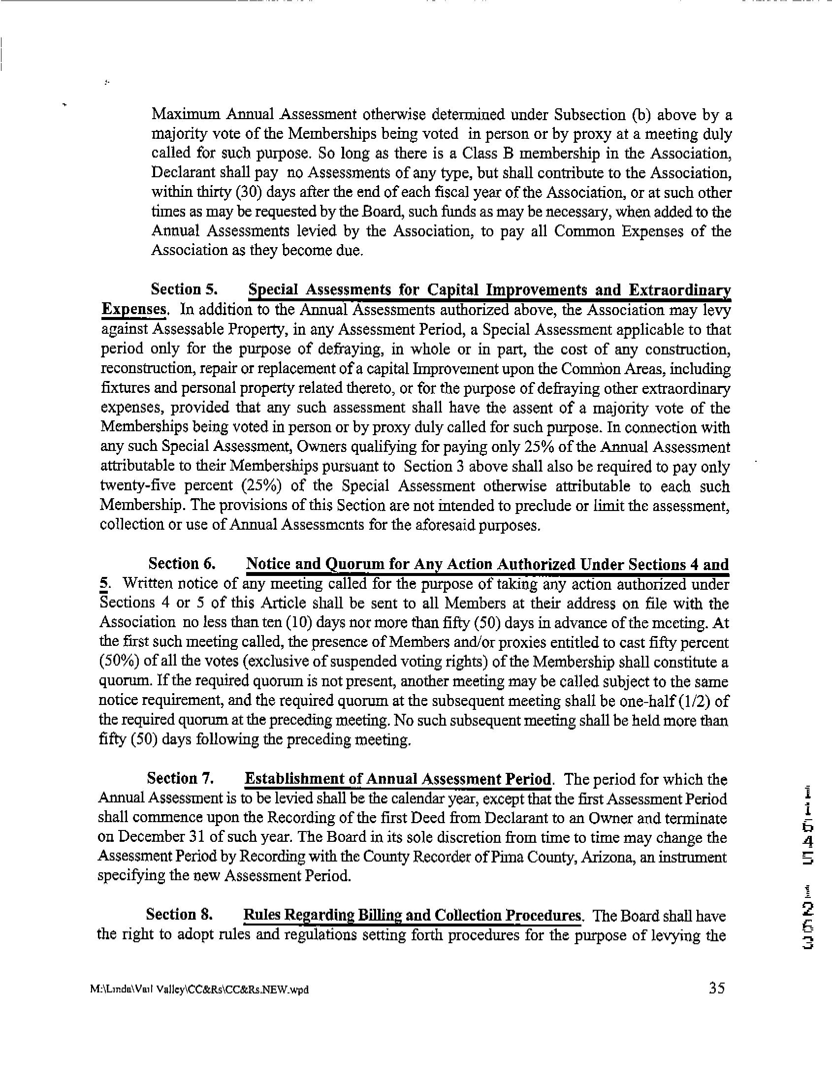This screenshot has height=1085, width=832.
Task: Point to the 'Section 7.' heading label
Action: coord(180,778)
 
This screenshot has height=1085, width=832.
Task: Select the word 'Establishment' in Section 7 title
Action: coord(296,779)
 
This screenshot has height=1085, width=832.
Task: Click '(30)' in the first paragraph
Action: coord(239,192)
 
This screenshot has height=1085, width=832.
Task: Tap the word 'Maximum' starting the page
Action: coord(186,115)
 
